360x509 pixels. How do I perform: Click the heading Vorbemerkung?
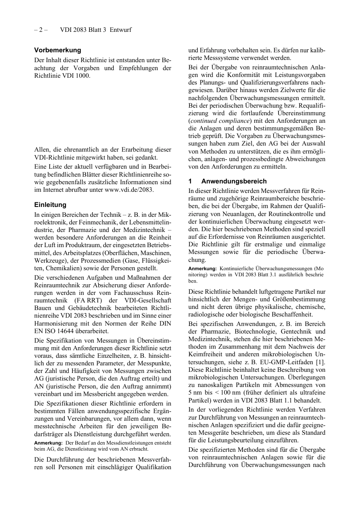coord(58,50)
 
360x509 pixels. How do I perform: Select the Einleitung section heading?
coord(50,205)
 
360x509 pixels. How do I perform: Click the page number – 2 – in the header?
coord(41,30)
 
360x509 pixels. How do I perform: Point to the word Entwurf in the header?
coord(121,30)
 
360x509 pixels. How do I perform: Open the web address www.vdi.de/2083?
coord(128,190)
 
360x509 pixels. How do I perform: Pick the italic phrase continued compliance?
coord(220,121)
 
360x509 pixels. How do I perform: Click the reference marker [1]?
coord(320,362)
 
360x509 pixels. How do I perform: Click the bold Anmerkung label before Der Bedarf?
coord(49,443)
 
